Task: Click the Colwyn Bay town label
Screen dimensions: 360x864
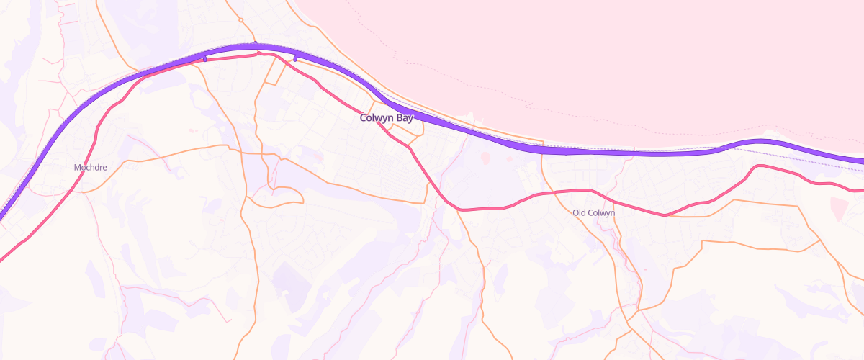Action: [x=387, y=118]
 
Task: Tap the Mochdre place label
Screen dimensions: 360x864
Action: [x=91, y=167]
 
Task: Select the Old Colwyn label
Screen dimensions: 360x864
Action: [x=593, y=212]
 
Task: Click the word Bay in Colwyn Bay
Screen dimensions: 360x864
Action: [x=405, y=118]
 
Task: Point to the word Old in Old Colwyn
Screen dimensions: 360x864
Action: [x=580, y=212]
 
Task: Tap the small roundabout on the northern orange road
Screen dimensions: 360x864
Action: [x=240, y=20]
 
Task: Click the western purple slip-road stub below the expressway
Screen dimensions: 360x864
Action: [x=205, y=59]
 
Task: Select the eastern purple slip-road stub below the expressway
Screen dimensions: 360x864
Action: [x=295, y=58]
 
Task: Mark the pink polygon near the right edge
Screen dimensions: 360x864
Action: [x=840, y=209]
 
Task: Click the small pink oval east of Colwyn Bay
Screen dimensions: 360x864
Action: [x=485, y=157]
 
